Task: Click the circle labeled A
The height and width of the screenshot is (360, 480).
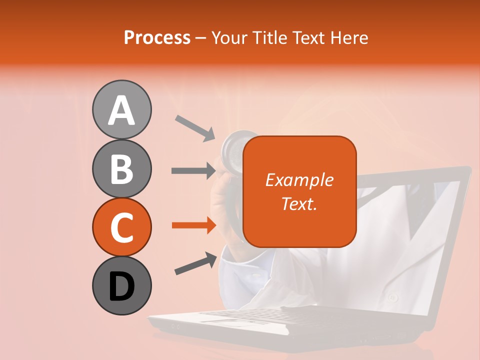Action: pyautogui.click(x=121, y=109)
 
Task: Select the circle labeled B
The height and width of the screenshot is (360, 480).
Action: pyautogui.click(x=121, y=168)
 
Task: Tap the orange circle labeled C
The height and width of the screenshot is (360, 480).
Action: pyautogui.click(x=121, y=227)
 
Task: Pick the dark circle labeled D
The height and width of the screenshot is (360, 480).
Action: pyautogui.click(x=121, y=285)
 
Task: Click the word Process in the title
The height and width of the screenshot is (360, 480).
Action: pyautogui.click(x=157, y=37)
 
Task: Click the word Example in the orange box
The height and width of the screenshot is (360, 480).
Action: pyautogui.click(x=299, y=180)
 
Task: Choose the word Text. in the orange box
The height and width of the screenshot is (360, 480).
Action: pyautogui.click(x=299, y=203)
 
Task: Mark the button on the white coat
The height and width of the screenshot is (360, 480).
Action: pyautogui.click(x=392, y=297)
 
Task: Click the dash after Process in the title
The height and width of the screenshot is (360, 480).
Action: pyautogui.click(x=201, y=38)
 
